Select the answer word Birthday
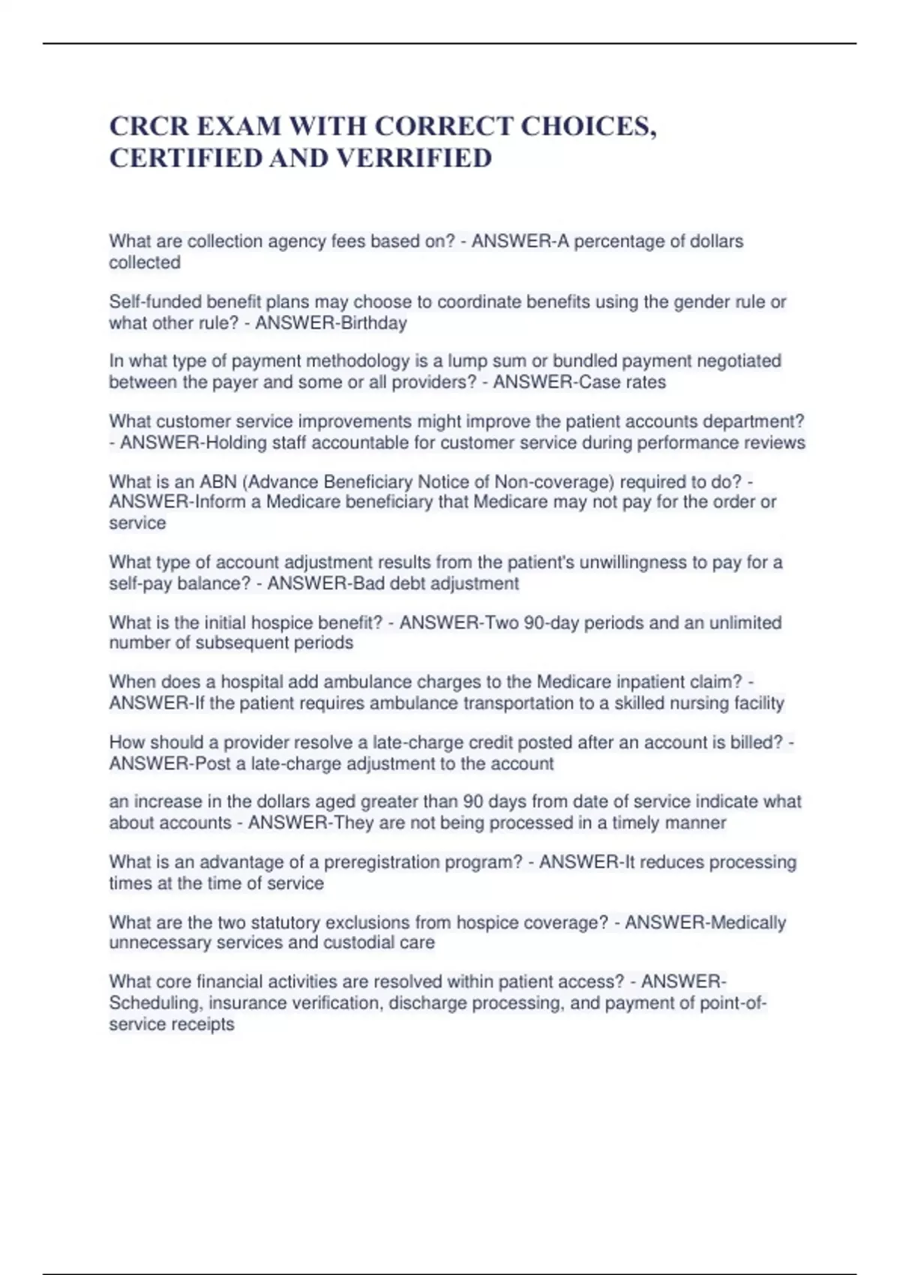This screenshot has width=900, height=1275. [x=373, y=323]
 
